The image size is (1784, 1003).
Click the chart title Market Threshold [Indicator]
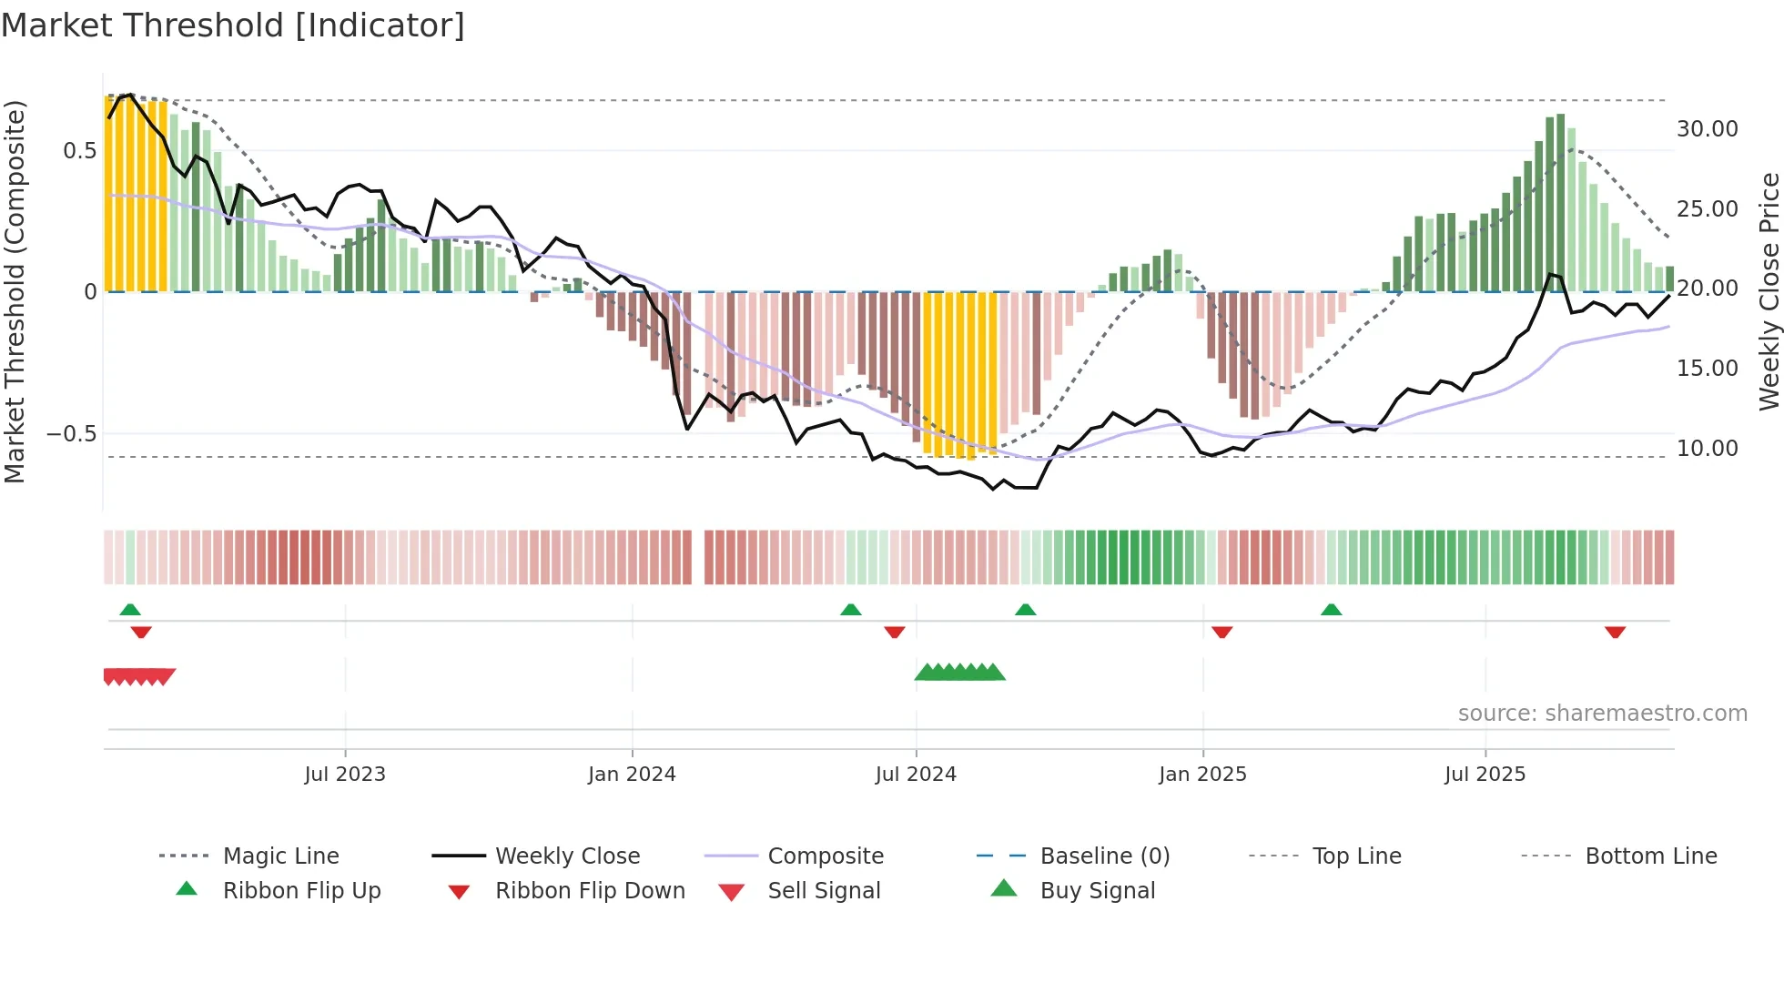pyautogui.click(x=233, y=25)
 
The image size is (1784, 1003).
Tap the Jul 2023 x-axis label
pyautogui.click(x=345, y=775)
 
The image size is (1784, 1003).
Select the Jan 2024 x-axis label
pyautogui.click(x=632, y=775)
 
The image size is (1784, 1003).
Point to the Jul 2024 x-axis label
pyautogui.click(x=916, y=775)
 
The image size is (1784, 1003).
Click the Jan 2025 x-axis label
pyautogui.click(x=1202, y=775)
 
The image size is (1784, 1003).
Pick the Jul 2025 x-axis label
pyautogui.click(x=1485, y=775)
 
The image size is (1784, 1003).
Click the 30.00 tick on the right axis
pyautogui.click(x=1708, y=129)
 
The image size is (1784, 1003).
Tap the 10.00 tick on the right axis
pyautogui.click(x=1708, y=449)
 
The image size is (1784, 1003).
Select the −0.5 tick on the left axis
pyautogui.click(x=72, y=434)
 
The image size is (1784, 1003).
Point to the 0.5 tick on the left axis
pyautogui.click(x=79, y=151)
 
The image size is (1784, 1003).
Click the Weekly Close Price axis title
pyautogui.click(x=1769, y=291)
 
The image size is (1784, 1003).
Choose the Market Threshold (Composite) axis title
pyautogui.click(x=15, y=291)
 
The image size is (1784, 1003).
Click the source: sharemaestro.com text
pyautogui.click(x=1602, y=714)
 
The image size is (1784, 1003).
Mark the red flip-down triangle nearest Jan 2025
pyautogui.click(x=1221, y=632)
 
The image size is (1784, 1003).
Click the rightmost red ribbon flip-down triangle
pyautogui.click(x=1615, y=632)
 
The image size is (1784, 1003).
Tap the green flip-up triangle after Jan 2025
pyautogui.click(x=1331, y=610)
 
